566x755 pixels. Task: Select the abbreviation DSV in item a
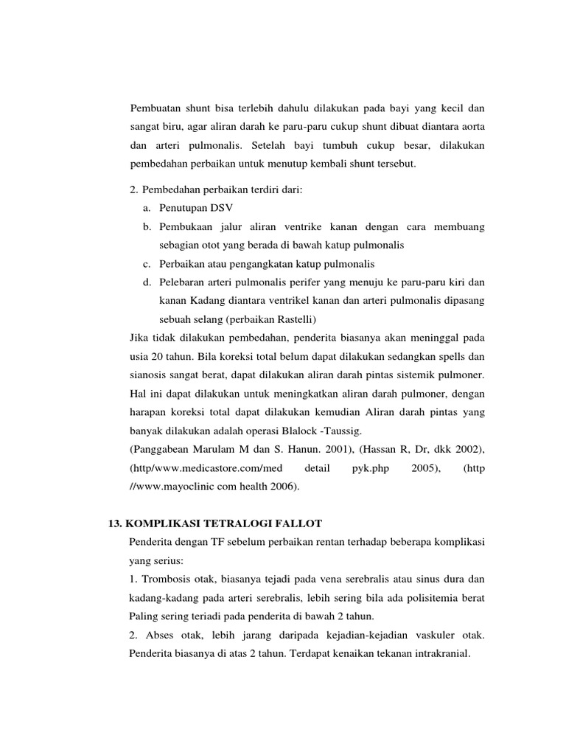(x=219, y=208)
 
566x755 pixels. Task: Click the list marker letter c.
(x=147, y=263)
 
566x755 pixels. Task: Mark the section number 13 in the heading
(x=113, y=523)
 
